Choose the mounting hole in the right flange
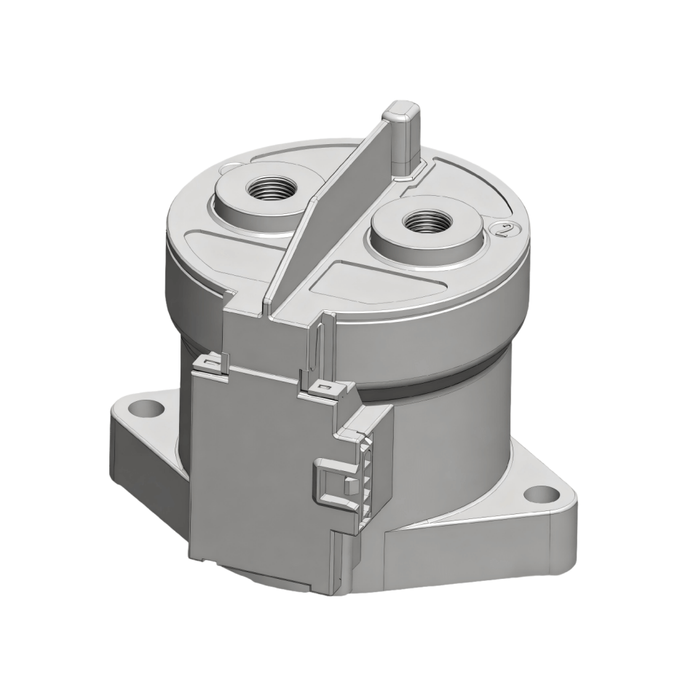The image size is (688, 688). coord(537,494)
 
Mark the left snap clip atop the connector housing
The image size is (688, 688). coord(211,363)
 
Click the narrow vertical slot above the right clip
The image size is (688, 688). coord(317,349)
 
